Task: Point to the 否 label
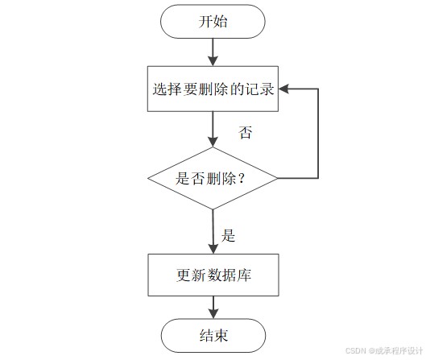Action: [245, 133]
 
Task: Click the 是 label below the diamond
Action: [228, 235]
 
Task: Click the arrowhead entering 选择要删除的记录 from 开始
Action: [213, 61]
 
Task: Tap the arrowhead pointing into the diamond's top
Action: [213, 143]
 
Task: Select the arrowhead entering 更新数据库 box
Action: [213, 249]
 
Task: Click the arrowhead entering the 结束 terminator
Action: [213, 314]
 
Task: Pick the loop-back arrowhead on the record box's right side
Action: [283, 89]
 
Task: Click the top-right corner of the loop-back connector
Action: [318, 89]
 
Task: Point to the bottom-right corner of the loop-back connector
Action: [318, 178]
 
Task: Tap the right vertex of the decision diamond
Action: [278, 179]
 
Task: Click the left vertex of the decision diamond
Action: [148, 179]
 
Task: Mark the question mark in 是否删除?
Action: [241, 179]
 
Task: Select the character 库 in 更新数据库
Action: [244, 275]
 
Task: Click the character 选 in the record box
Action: [159, 89]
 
